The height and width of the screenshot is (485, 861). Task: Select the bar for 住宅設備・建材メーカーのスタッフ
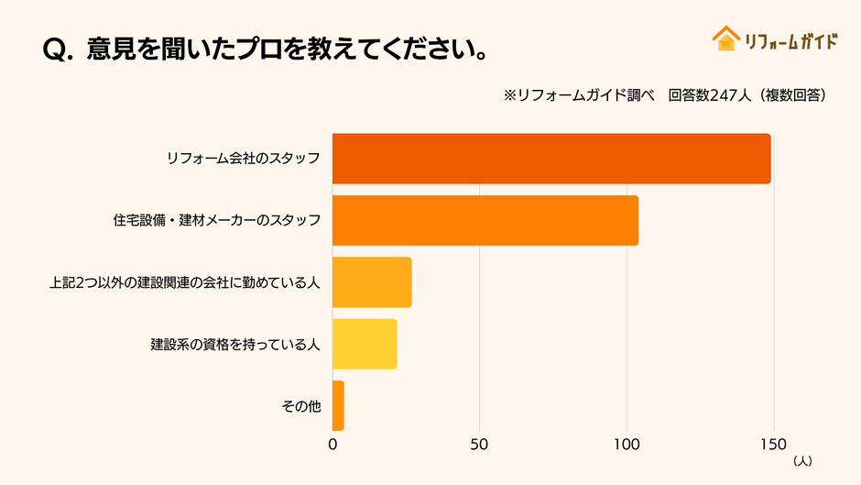[x=485, y=220]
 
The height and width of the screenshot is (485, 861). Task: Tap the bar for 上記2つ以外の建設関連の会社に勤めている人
[x=372, y=282]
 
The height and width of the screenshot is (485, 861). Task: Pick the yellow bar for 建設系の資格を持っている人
[x=365, y=344]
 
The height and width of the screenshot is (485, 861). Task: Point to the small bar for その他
[x=338, y=405]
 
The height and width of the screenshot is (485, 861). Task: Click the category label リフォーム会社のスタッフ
[x=243, y=159]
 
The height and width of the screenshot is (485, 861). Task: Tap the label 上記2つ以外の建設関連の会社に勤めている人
[x=184, y=282]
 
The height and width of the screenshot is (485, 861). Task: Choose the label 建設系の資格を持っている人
[x=235, y=345]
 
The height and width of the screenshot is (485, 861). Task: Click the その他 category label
[x=301, y=406]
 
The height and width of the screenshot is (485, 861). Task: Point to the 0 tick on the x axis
[x=332, y=445]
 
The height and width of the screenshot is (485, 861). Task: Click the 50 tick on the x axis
[x=479, y=445]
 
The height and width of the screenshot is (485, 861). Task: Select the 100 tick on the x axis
[x=627, y=445]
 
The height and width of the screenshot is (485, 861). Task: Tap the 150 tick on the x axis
[x=773, y=445]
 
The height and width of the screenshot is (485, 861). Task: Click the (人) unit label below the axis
[x=801, y=459]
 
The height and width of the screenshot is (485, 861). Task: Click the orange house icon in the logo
[x=725, y=39]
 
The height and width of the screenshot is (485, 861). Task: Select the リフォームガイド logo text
[x=790, y=41]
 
